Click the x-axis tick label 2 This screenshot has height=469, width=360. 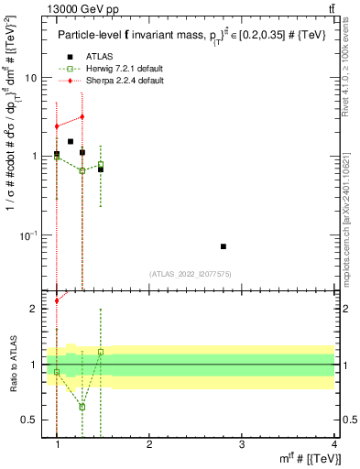(x=149, y=443)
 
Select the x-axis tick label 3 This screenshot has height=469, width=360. (x=242, y=443)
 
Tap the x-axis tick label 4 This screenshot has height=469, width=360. (x=333, y=443)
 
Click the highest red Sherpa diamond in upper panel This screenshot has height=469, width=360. (x=82, y=116)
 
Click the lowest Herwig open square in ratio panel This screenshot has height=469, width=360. (x=82, y=407)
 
